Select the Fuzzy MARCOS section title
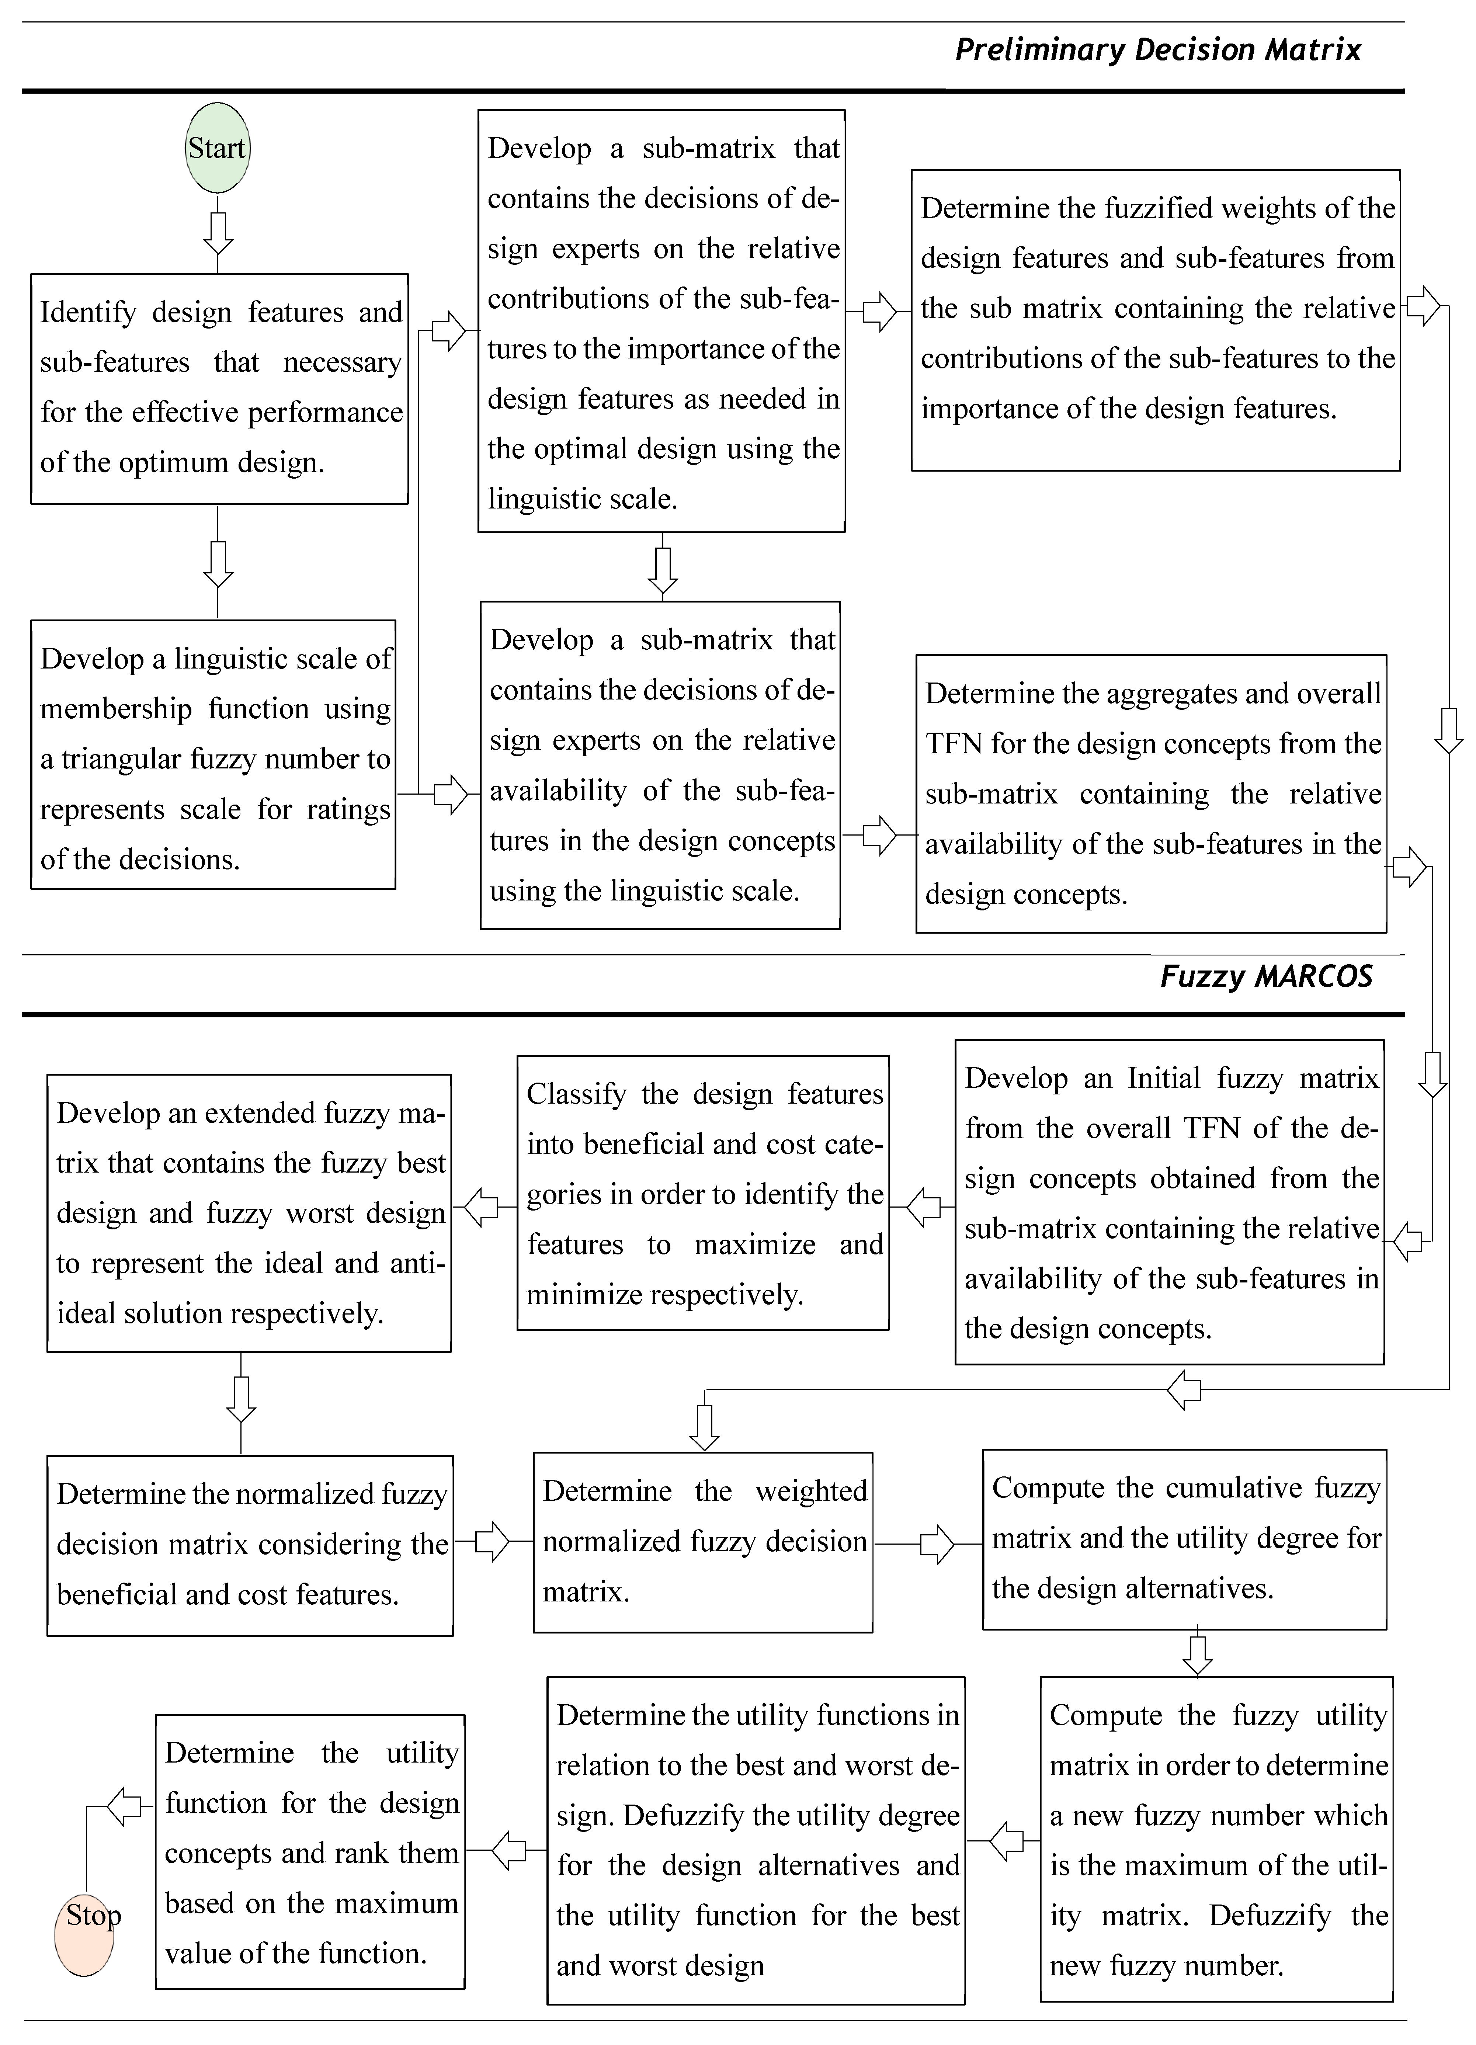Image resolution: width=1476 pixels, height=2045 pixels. pos(1266,976)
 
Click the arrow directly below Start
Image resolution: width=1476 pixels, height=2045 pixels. pos(218,233)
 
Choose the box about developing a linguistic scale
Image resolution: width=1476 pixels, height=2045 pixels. pos(214,755)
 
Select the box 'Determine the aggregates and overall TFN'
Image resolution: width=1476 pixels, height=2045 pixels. pos(1152,794)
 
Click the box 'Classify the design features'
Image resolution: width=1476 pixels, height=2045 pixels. pos(703,1193)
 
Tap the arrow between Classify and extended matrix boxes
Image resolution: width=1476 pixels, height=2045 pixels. pos(482,1207)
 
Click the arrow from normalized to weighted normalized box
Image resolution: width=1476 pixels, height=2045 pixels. pos(492,1542)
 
